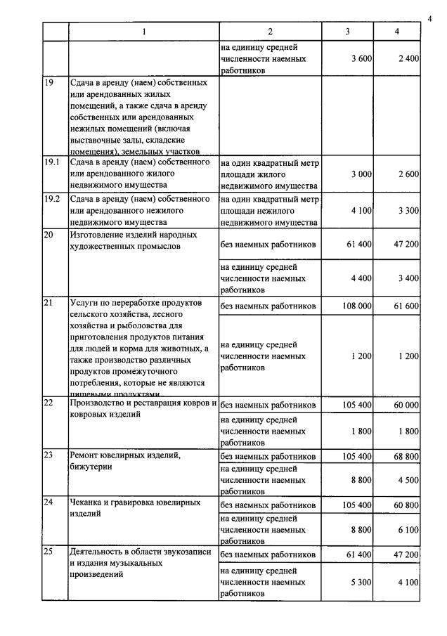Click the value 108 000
[x=358, y=306]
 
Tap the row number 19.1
[x=51, y=162]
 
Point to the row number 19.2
[x=51, y=199]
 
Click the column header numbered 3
[x=347, y=32]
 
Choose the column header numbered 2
[x=270, y=32]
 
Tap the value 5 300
[x=361, y=581]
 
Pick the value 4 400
[x=361, y=278]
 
